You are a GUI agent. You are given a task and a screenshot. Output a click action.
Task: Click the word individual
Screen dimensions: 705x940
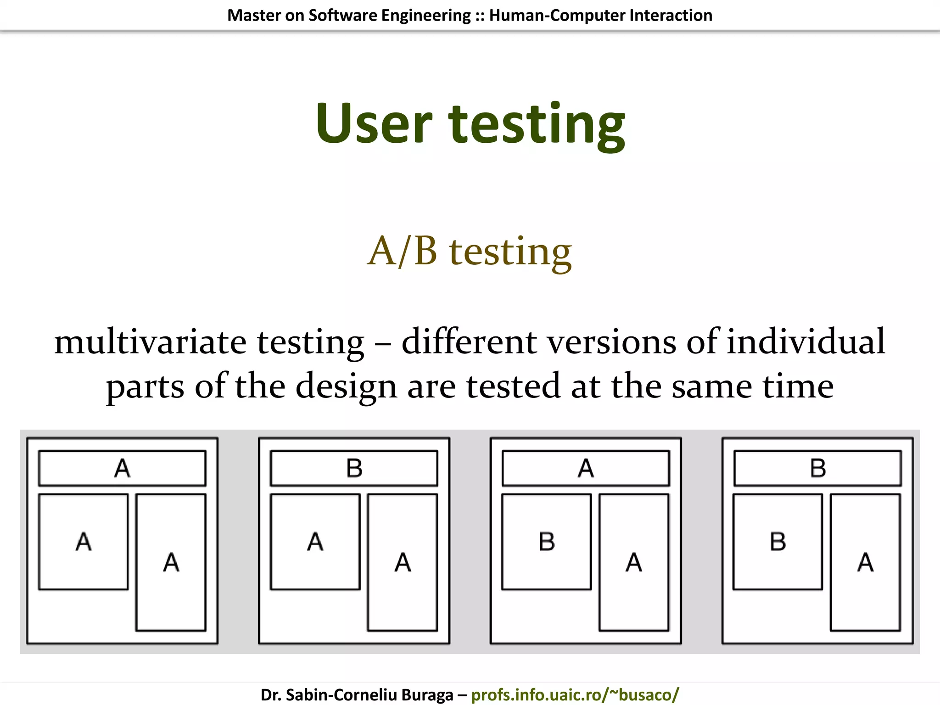(806, 341)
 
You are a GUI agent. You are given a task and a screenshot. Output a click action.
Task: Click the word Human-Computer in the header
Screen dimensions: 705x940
(557, 15)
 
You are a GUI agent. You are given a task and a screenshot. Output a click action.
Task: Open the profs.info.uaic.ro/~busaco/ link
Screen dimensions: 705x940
(575, 694)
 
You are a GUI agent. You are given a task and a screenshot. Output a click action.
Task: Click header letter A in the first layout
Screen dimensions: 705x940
(122, 469)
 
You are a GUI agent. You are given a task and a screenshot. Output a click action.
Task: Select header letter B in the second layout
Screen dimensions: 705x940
(354, 469)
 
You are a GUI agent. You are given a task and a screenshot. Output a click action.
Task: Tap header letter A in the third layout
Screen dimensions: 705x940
(586, 469)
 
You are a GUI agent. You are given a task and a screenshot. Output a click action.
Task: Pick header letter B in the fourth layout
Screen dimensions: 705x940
(818, 469)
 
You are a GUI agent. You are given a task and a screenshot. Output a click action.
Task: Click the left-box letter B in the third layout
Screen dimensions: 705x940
(547, 542)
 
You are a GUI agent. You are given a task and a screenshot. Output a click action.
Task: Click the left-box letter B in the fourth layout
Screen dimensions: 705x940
(778, 542)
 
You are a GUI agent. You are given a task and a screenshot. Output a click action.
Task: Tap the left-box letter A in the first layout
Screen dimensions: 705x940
(84, 542)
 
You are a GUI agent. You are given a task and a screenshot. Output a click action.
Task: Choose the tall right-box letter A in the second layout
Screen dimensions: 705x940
(403, 562)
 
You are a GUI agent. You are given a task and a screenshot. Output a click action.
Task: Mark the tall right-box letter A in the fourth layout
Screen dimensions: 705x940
(866, 562)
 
